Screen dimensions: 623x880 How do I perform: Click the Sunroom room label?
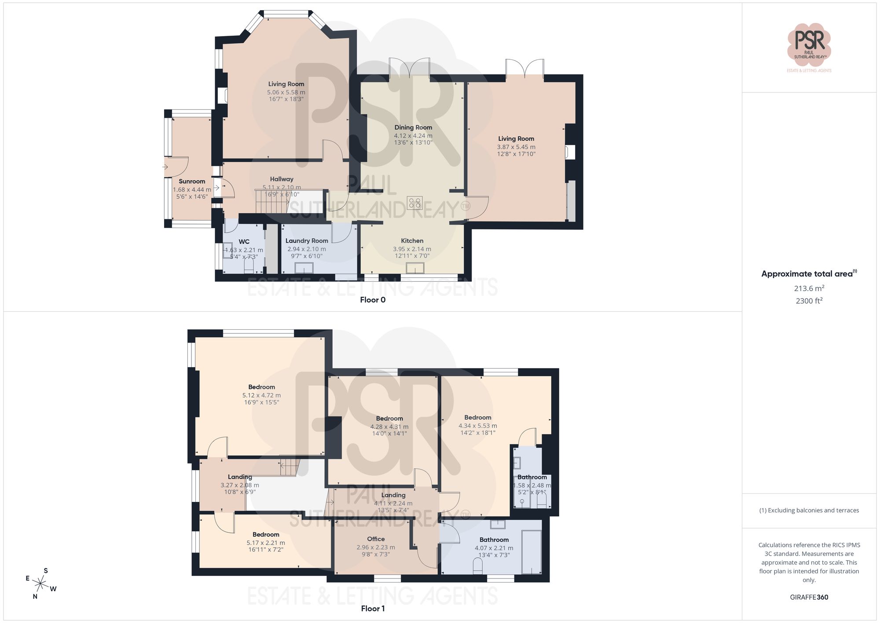pos(192,181)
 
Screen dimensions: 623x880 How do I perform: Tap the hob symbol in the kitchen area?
pos(415,203)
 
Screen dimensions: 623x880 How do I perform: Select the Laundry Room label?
pos(307,241)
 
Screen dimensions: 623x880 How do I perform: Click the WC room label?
pos(244,242)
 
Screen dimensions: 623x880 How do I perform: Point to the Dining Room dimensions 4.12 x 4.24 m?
pos(413,136)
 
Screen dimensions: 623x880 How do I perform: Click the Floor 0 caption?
pos(373,300)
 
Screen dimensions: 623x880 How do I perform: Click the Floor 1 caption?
pos(373,608)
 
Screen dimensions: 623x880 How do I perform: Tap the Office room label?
pos(376,539)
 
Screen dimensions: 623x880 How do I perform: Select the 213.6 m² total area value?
pos(809,288)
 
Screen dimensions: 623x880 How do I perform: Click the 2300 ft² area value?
pos(809,301)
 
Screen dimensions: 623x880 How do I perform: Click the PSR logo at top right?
pos(809,44)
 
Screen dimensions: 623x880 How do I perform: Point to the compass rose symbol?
pos(40,584)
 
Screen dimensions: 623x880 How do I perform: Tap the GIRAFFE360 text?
pos(809,597)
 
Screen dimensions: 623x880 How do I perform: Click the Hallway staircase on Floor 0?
pos(271,202)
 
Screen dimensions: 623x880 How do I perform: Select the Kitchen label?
pos(412,241)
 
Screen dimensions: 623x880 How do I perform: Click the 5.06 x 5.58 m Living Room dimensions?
pos(286,92)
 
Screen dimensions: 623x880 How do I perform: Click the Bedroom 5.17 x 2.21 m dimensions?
pos(266,543)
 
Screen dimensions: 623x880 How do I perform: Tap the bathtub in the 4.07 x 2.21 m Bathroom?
pos(531,552)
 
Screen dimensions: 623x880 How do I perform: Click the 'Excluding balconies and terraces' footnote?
pos(809,510)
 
